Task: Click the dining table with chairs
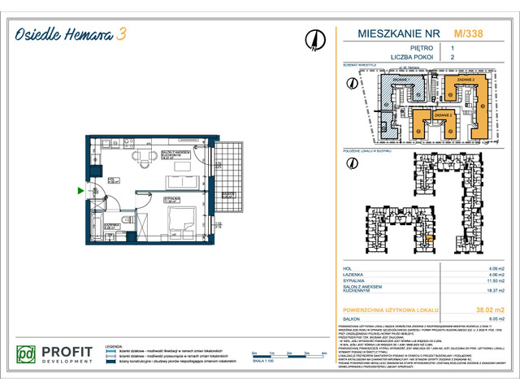click(145, 156)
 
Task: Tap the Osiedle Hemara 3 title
click(73, 35)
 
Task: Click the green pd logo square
click(28, 355)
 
